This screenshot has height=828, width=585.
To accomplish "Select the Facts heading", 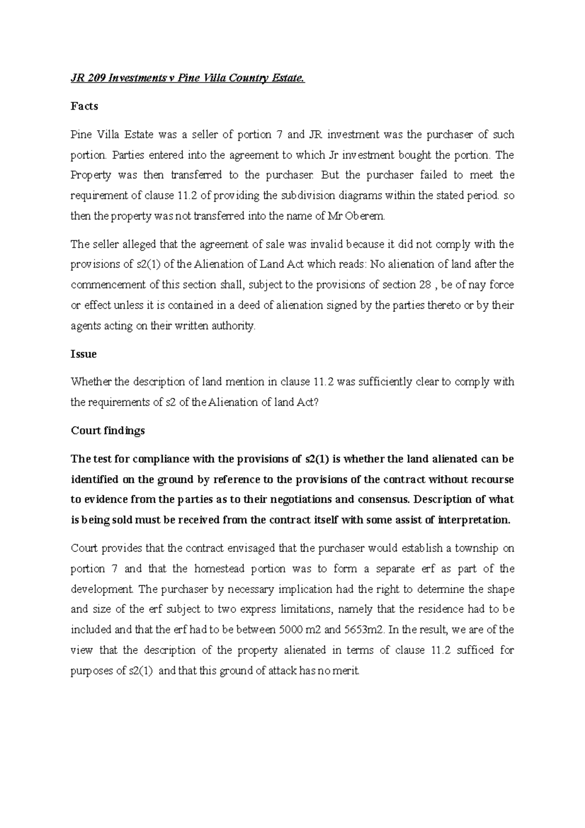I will pyautogui.click(x=84, y=106).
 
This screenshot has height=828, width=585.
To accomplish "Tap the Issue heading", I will pyautogui.click(x=83, y=354).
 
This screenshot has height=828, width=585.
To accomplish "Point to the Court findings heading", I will pyautogui.click(x=108, y=431).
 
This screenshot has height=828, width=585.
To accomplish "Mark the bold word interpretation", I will pyautogui.click(x=475, y=520).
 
